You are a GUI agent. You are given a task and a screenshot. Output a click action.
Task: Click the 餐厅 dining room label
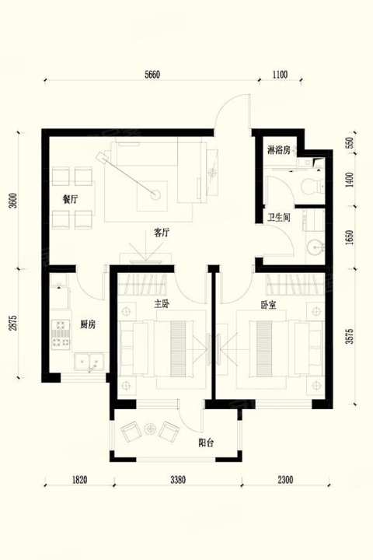pos(70,200)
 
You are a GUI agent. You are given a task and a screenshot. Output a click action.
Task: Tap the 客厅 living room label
pos(162,233)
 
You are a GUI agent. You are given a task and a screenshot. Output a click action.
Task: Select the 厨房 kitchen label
pos(88,324)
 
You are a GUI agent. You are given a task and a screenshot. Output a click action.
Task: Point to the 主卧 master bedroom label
pos(162,304)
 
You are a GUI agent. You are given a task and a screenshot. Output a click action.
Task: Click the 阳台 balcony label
pos(206,443)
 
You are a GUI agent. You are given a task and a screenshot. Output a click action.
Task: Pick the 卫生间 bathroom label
pos(279,218)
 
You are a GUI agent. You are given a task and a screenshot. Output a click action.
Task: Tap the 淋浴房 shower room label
pos(279,150)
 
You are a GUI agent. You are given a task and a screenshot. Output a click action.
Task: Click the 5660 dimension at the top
pos(152,75)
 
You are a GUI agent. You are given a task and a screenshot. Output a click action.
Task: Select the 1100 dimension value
pos(280,75)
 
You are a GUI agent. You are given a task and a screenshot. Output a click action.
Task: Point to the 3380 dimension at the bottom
pos(178,480)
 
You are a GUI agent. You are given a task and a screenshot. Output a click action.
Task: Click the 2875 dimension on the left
pos(13,322)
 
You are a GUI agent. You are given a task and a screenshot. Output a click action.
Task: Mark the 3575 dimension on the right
pos(350,337)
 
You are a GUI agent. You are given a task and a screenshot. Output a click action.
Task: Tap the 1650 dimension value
pos(350,236)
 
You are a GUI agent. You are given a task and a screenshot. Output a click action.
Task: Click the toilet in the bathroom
pos(312,186)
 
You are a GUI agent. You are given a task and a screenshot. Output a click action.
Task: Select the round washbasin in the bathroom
pos(315,247)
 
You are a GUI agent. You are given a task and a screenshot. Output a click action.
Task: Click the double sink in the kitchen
pos(89,361)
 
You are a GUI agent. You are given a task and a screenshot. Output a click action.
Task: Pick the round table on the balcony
pos(150,429)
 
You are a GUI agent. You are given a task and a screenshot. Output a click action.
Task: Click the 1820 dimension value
pos(79,480)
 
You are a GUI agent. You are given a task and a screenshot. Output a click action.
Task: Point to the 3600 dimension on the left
pos(13,201)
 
